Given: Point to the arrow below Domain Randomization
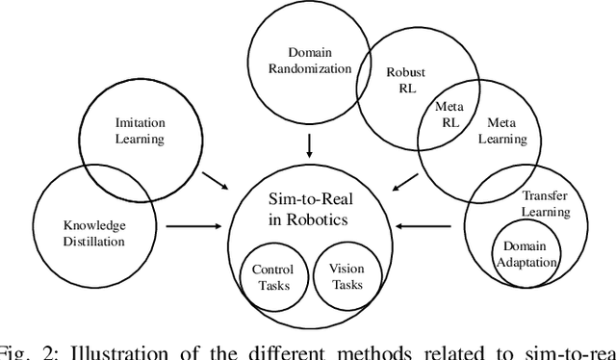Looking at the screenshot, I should (308, 145).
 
